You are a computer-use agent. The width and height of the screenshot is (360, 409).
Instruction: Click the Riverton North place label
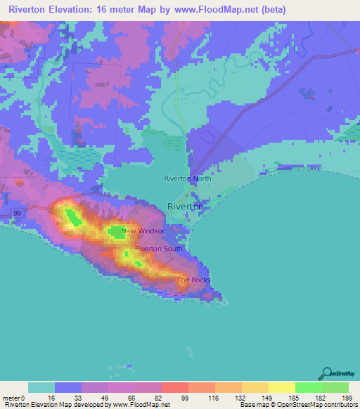coord(187,178)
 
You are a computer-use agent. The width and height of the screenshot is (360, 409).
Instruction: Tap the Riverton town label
coord(186,207)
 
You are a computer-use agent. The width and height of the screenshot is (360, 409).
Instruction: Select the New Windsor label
coord(143,231)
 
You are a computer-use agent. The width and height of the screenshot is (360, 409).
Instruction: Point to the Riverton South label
coord(159,249)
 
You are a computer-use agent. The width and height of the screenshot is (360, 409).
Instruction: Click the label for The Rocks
coord(193,280)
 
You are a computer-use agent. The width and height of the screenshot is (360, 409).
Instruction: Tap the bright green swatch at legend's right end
coord(335,387)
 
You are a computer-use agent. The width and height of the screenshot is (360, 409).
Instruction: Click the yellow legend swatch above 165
coord(281,387)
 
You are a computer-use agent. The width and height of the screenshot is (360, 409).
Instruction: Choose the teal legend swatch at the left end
coord(41,387)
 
